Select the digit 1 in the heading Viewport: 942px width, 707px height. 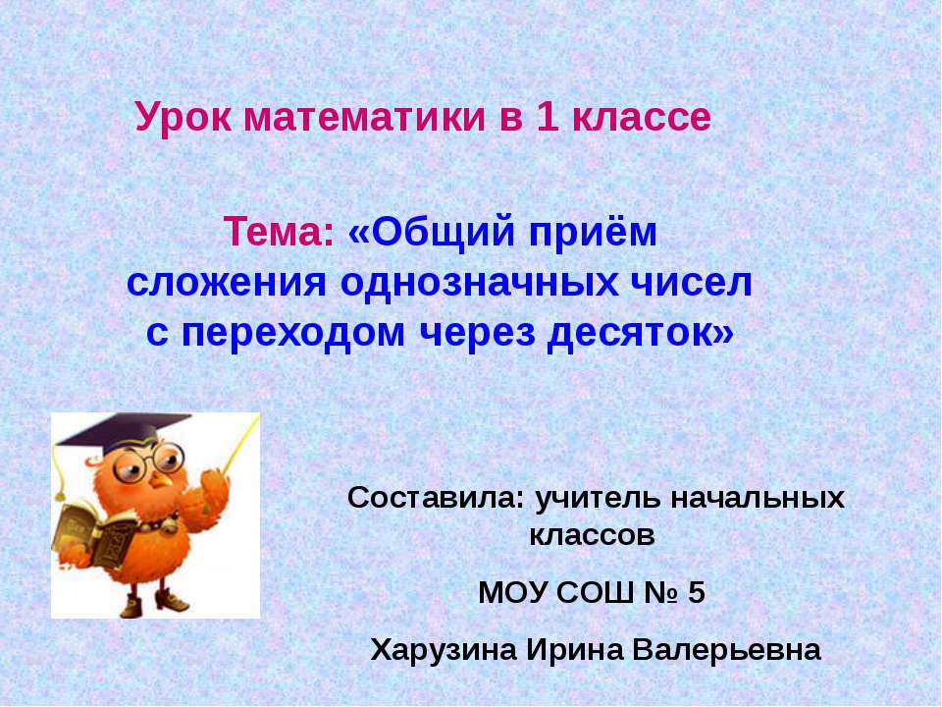point(546,118)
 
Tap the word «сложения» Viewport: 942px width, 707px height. point(228,284)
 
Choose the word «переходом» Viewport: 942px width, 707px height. point(294,334)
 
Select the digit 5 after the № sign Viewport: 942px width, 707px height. point(696,593)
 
